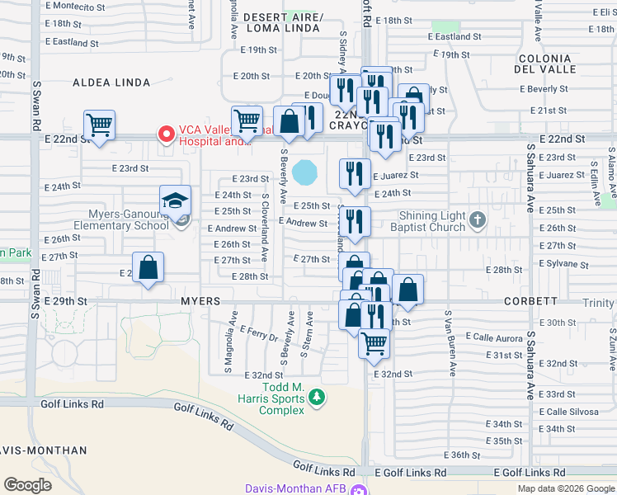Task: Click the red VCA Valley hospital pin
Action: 167,133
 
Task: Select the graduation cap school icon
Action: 175,200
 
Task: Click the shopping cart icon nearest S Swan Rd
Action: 99,126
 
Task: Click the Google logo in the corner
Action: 27,485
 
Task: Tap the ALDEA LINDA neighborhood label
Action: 111,82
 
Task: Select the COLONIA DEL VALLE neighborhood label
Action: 545,64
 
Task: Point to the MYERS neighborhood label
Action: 201,302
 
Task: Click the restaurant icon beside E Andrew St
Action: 355,221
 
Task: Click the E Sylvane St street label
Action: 560,263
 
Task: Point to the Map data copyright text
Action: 565,488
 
